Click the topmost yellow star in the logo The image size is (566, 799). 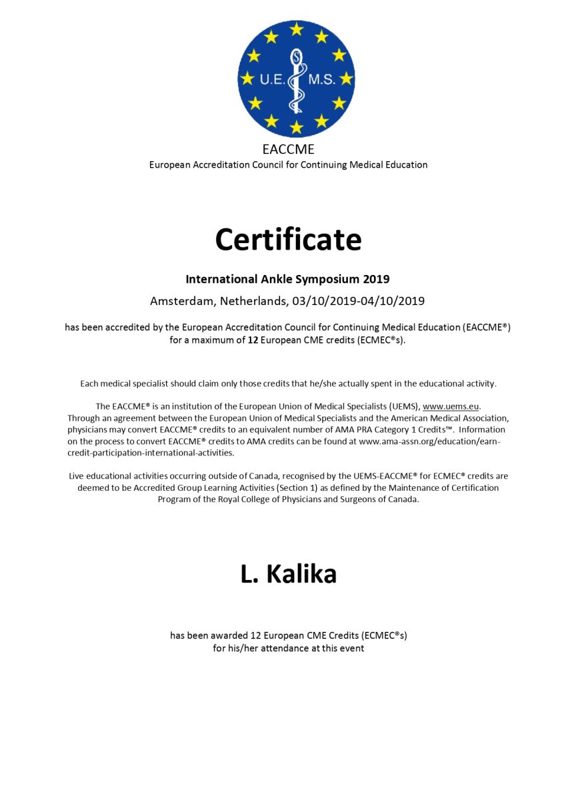click(296, 29)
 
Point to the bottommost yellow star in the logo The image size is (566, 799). click(296, 127)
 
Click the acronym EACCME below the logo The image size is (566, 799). click(288, 150)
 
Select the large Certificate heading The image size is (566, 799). click(288, 239)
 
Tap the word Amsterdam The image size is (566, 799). click(181, 301)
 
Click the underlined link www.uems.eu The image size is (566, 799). click(451, 406)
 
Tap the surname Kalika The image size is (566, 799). click(301, 575)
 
